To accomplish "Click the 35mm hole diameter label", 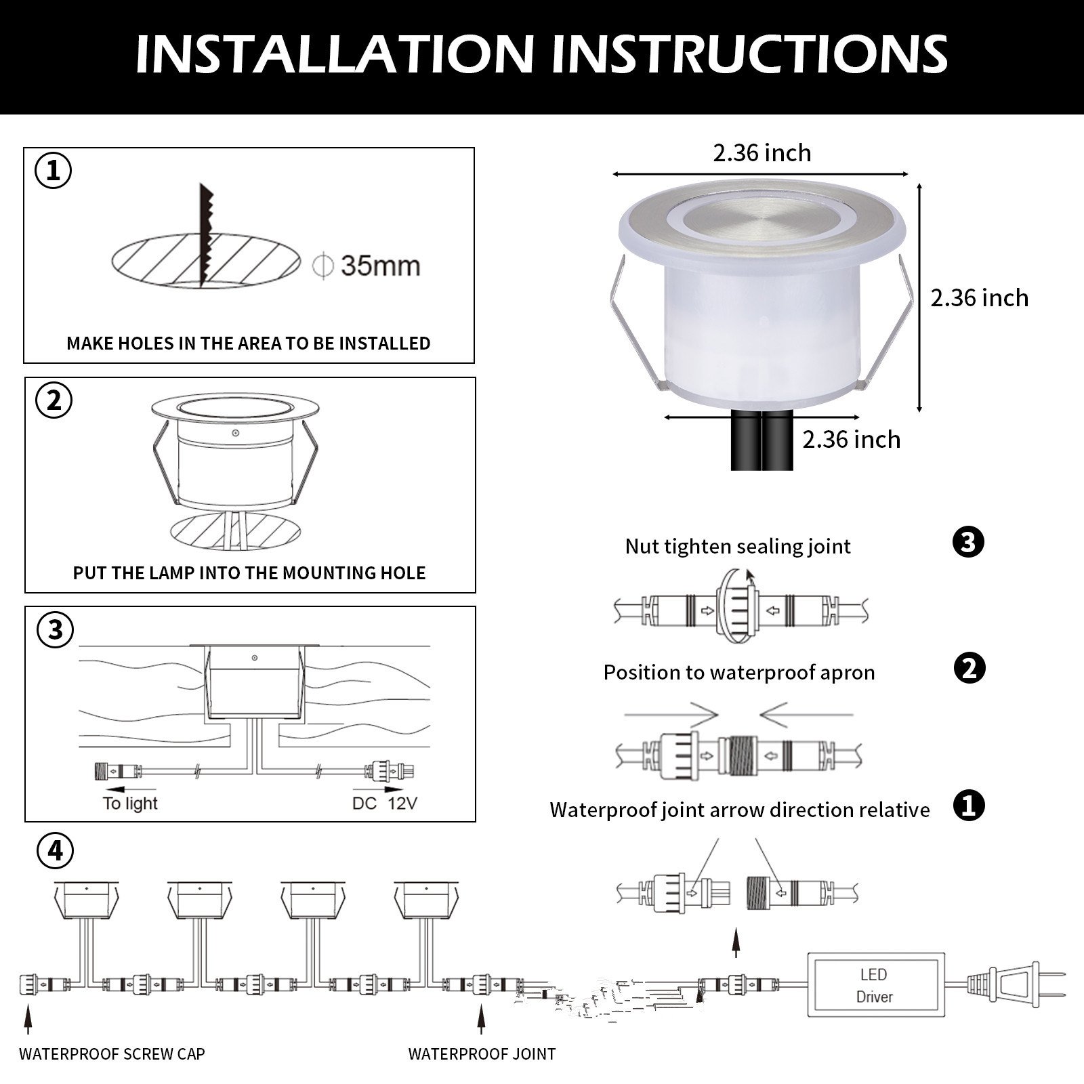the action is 380,266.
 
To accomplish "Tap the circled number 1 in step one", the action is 54,171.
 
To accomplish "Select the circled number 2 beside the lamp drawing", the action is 54,400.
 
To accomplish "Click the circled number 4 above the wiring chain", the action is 56,850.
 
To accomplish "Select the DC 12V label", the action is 385,804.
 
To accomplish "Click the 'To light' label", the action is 130,804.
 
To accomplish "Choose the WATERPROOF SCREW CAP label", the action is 112,1054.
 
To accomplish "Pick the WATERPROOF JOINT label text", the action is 482,1054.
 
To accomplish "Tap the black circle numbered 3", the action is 968,543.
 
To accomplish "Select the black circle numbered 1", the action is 969,806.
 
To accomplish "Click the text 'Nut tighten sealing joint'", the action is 738,547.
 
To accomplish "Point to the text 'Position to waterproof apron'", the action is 739,673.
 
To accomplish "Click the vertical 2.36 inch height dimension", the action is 919,297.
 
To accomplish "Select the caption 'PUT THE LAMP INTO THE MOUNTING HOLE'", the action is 249,573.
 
